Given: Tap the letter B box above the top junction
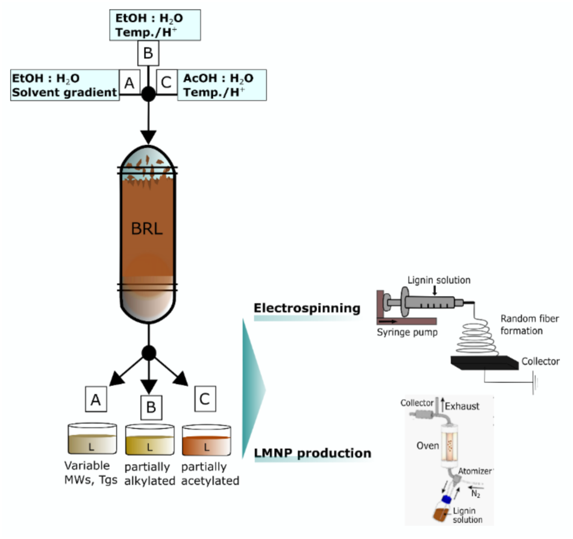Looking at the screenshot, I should [x=148, y=54].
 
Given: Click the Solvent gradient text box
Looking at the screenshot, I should [x=65, y=85].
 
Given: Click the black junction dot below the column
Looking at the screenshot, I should [x=148, y=353].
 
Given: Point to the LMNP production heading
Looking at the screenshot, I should [x=313, y=453].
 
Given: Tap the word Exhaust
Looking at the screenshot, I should [x=462, y=406].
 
